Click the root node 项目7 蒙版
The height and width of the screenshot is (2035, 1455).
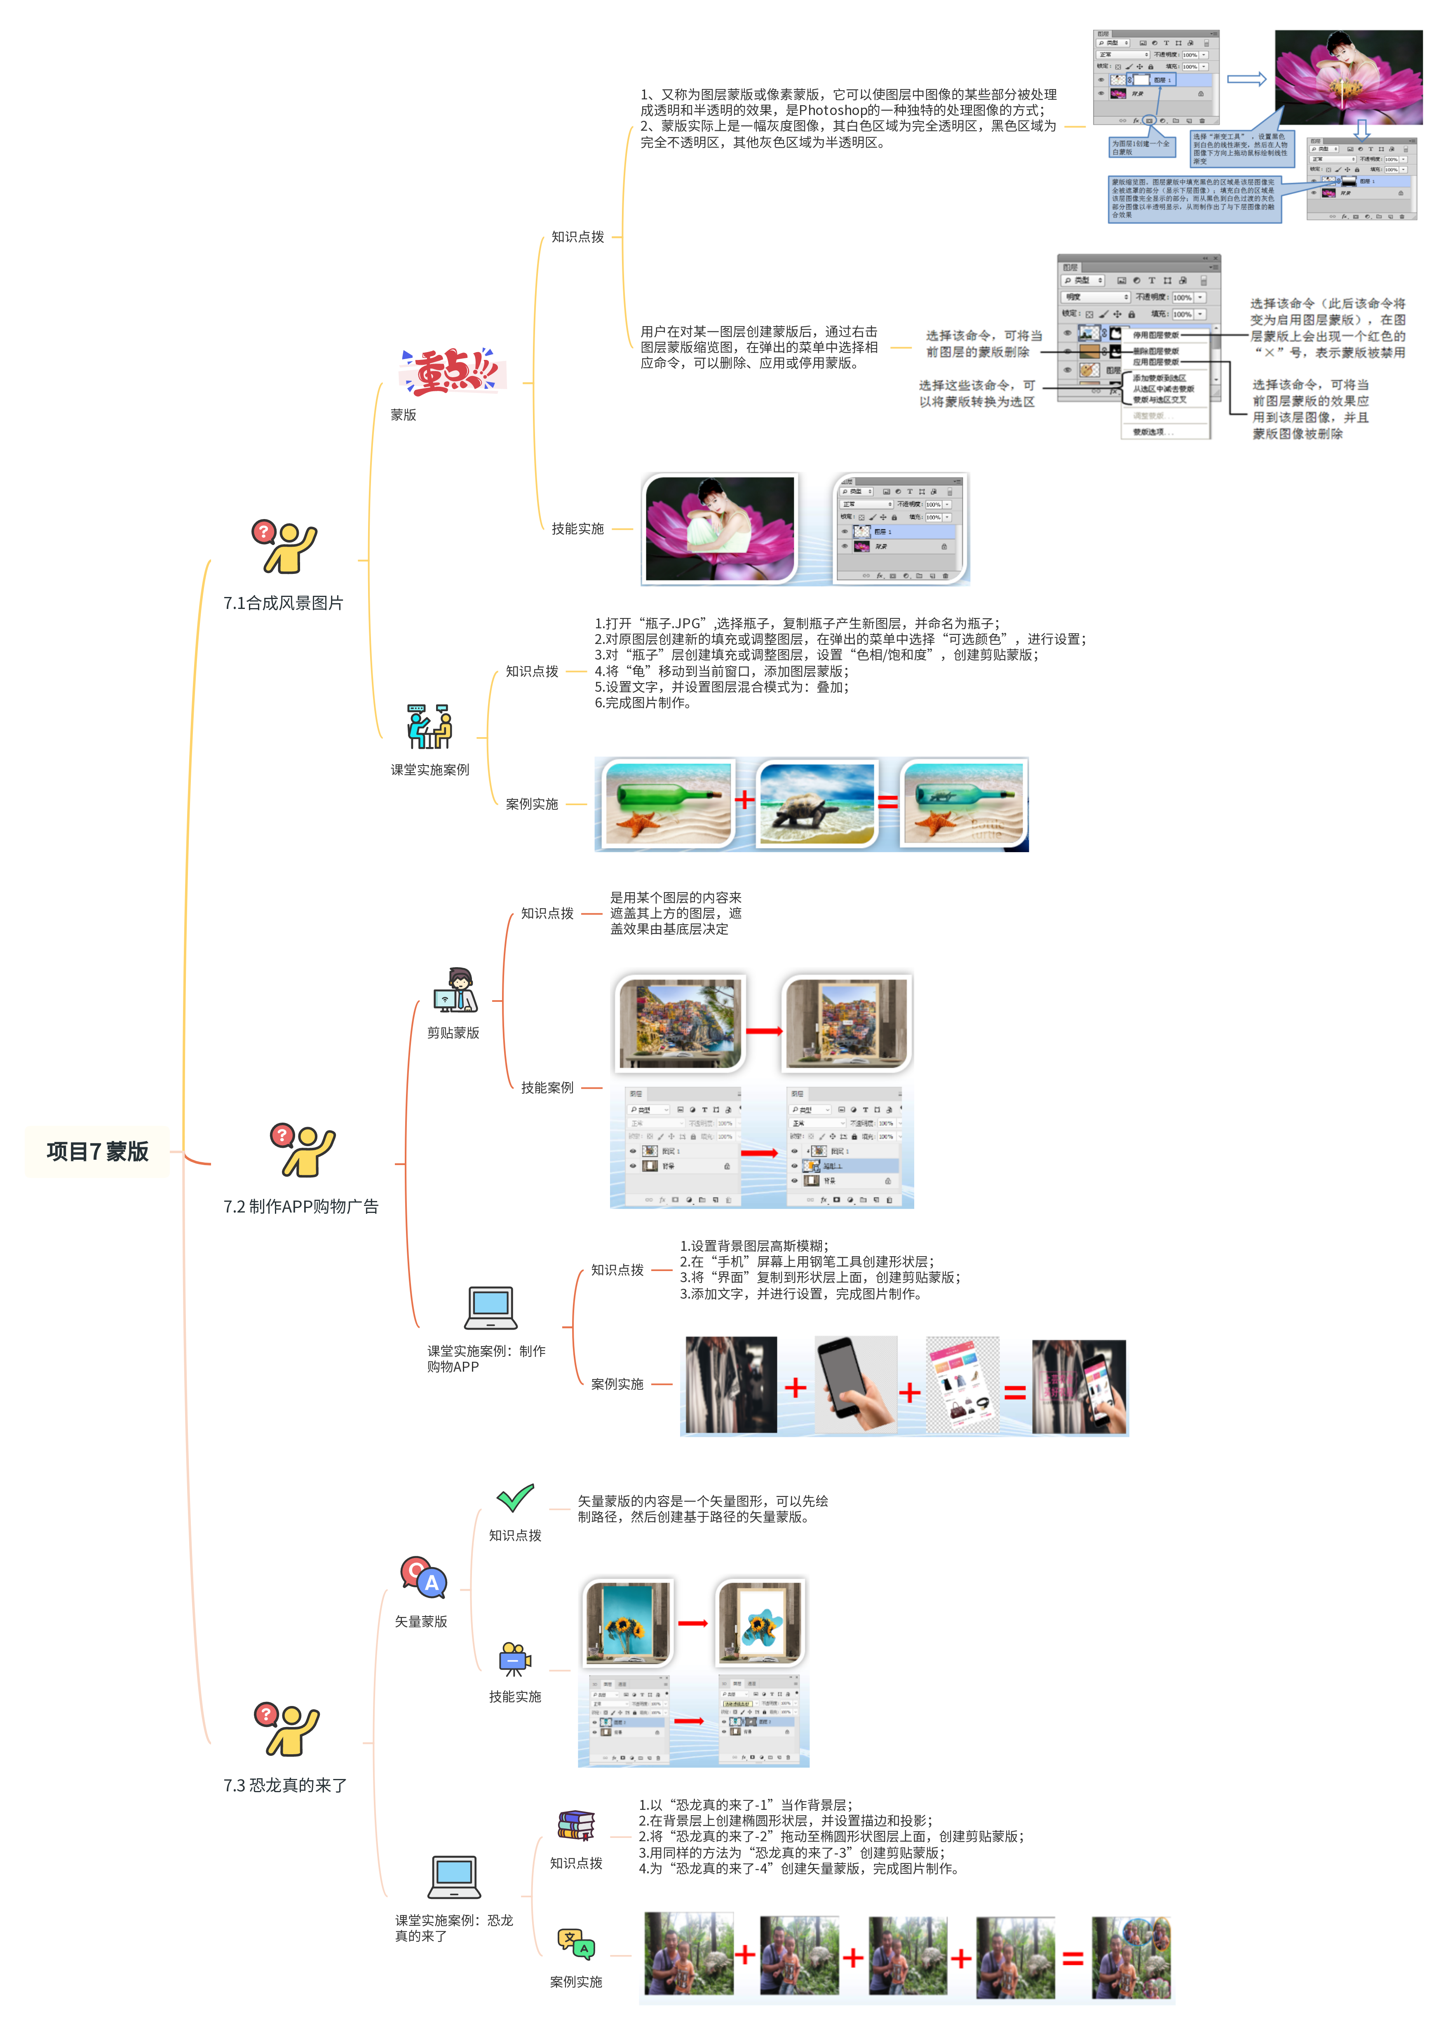(x=98, y=1151)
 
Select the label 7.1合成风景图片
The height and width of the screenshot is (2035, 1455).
(x=283, y=603)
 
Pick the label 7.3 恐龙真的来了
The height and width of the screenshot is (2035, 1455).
(x=285, y=1785)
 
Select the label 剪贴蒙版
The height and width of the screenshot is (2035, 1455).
(x=453, y=1032)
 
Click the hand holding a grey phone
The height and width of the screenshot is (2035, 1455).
(x=856, y=1384)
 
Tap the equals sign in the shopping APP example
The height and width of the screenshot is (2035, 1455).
(x=1015, y=1391)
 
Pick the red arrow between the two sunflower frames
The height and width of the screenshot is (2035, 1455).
(x=692, y=1623)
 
